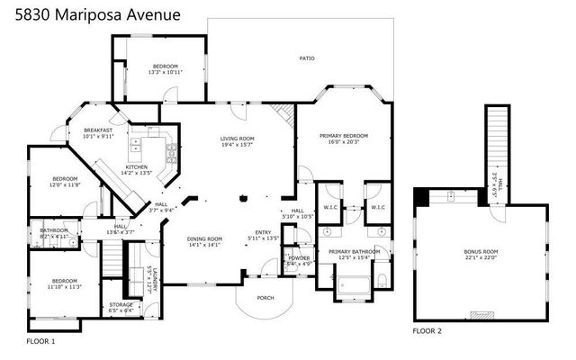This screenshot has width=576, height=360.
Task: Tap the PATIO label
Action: [307, 58]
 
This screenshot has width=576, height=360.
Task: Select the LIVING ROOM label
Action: [238, 139]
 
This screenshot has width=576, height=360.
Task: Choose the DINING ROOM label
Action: [204, 238]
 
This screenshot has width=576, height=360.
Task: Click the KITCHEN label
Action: [136, 166]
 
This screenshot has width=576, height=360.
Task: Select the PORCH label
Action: [265, 298]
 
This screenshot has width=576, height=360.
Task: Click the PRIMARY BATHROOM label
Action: [349, 252]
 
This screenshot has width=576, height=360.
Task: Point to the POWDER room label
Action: [298, 257]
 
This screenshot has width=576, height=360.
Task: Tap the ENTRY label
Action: [263, 230]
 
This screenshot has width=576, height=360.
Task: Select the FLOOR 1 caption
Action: [40, 342]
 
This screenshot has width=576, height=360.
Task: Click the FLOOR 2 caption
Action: [427, 331]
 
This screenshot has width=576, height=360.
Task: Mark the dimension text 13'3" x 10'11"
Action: [165, 73]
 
